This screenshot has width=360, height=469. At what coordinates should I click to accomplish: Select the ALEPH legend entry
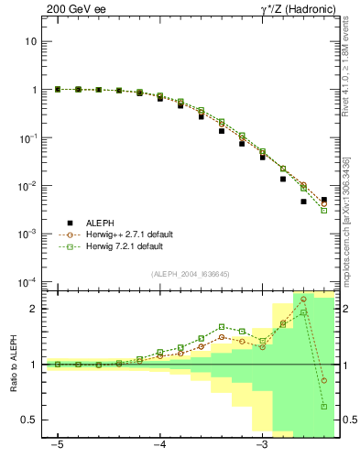coord(101,222)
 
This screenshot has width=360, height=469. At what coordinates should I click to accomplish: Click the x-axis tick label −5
coord(57,446)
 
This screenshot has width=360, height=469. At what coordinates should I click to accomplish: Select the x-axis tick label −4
coord(159,446)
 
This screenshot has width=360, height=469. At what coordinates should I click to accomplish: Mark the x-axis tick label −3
coord(262,446)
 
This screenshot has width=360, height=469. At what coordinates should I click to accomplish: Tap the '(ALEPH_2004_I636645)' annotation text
coord(190,273)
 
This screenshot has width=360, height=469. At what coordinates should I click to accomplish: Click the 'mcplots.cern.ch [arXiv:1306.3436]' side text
coord(346,216)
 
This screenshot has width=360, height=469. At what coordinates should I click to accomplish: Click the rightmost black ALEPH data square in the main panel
coord(323,200)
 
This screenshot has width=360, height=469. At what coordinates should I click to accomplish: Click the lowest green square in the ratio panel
coord(323,406)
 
